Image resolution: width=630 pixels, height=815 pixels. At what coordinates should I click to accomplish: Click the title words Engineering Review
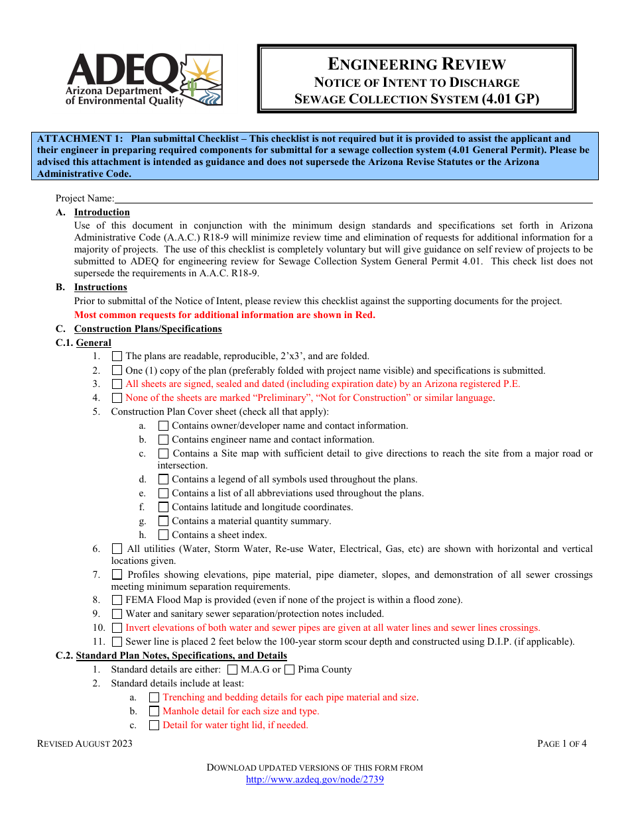[x=416, y=64]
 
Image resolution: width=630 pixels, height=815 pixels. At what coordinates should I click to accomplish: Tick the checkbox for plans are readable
[x=117, y=356]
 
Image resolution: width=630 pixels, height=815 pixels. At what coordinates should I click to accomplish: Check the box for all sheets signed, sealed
[x=117, y=384]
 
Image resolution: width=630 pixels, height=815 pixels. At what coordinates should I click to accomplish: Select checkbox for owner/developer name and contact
[x=163, y=426]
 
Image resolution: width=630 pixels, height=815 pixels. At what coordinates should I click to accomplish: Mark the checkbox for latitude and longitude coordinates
[x=163, y=508]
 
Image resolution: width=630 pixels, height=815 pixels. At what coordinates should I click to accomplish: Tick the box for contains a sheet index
[x=163, y=535]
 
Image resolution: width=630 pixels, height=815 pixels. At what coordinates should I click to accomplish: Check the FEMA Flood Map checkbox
[x=117, y=600]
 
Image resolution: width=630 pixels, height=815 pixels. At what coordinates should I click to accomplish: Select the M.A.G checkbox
[x=233, y=670]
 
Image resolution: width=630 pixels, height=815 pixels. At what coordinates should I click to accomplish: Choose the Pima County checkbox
[x=289, y=670]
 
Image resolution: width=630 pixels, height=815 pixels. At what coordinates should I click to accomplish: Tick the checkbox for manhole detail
[x=155, y=712]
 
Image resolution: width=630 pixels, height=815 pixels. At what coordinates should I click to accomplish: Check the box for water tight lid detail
[x=155, y=726]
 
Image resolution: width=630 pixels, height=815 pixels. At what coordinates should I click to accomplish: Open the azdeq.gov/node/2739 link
[x=314, y=780]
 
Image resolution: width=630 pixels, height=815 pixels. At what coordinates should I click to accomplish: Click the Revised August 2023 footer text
[x=85, y=743]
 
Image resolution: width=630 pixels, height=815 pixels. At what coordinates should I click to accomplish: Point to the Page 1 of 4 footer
[x=562, y=743]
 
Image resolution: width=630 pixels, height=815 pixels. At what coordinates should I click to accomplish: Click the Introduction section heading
[x=101, y=213]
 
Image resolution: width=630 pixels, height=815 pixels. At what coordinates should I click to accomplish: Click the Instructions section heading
[x=100, y=288]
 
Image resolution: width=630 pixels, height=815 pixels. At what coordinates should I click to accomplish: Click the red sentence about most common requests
[x=224, y=315]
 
